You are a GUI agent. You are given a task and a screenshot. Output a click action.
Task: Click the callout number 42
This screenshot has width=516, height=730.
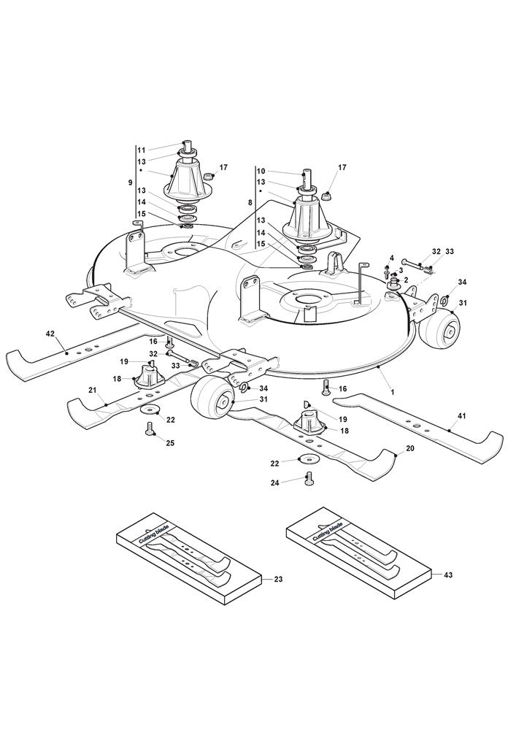(x=50, y=334)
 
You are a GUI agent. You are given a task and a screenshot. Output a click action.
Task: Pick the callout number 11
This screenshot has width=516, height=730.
(x=142, y=150)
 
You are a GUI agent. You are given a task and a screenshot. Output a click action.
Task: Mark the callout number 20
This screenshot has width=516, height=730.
(x=409, y=448)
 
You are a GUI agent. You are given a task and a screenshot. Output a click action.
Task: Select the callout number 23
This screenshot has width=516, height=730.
(x=277, y=580)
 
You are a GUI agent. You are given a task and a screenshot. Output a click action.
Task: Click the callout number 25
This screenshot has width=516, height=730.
(x=170, y=443)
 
